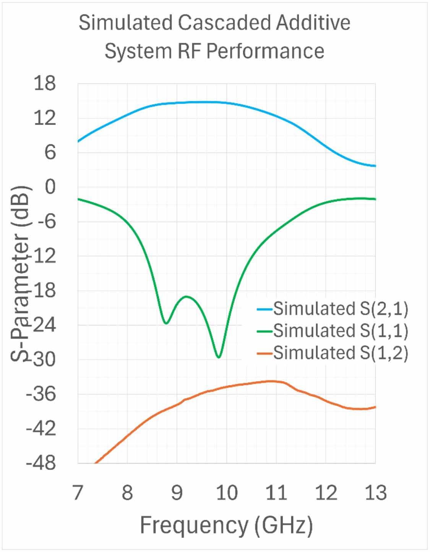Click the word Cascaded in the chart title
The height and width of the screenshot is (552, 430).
tap(224, 23)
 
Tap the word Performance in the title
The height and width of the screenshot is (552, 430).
tap(265, 51)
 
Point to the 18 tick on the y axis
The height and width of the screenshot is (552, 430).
tap(45, 83)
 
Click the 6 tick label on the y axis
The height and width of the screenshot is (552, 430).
tap(50, 153)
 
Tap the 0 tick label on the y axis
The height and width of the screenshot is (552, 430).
tap(50, 187)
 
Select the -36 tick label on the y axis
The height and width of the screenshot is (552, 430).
tap(41, 395)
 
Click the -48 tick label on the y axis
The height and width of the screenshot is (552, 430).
tap(41, 464)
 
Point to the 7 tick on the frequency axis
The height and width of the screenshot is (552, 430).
tap(78, 492)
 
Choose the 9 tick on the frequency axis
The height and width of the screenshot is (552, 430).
tap(177, 492)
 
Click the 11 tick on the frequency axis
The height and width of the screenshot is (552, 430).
tap(276, 492)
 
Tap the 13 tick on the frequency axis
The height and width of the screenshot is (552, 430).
tap(376, 492)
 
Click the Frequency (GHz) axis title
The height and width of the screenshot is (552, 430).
tap(226, 526)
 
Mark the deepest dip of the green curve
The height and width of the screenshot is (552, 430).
tap(219, 358)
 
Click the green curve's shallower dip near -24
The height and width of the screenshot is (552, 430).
tap(166, 324)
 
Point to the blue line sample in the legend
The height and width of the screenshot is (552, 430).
tap(264, 309)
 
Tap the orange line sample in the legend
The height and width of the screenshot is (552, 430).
tap(264, 353)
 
